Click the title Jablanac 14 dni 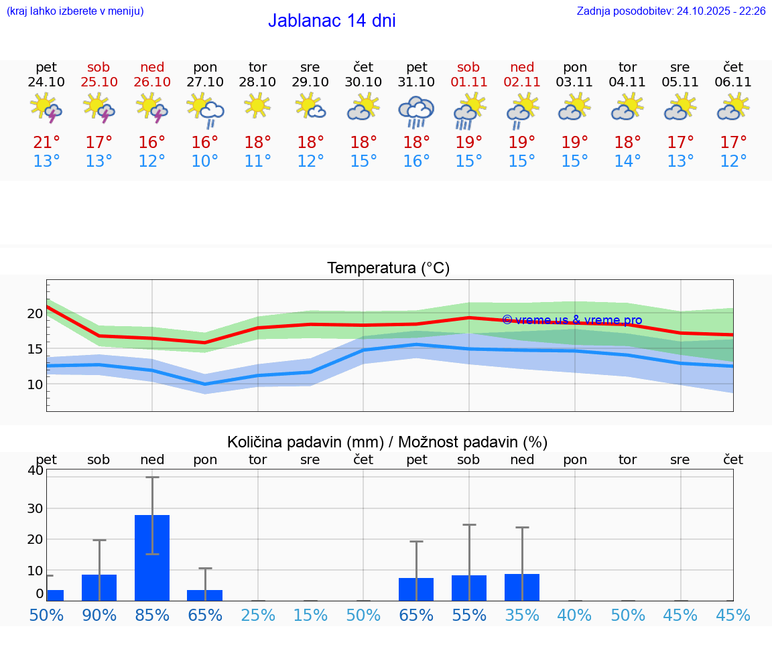332,21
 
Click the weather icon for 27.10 205,111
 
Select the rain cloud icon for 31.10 416,112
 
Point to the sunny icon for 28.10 257,105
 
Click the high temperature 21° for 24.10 46,143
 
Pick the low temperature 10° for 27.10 205,161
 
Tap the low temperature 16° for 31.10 416,161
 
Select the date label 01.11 468,82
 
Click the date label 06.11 733,82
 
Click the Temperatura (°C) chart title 388,269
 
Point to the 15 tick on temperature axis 35,349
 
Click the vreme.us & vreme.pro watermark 572,320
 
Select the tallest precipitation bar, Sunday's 152,558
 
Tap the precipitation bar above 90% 99,587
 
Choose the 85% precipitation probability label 152,615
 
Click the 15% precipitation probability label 310,615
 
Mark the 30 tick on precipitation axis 35,508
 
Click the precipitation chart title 387,442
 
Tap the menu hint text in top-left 75,11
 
